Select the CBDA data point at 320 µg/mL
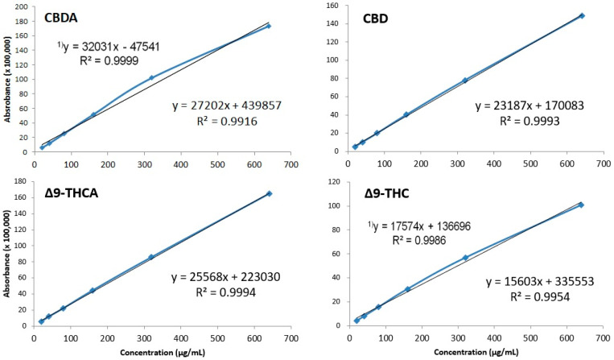point(151,78)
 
